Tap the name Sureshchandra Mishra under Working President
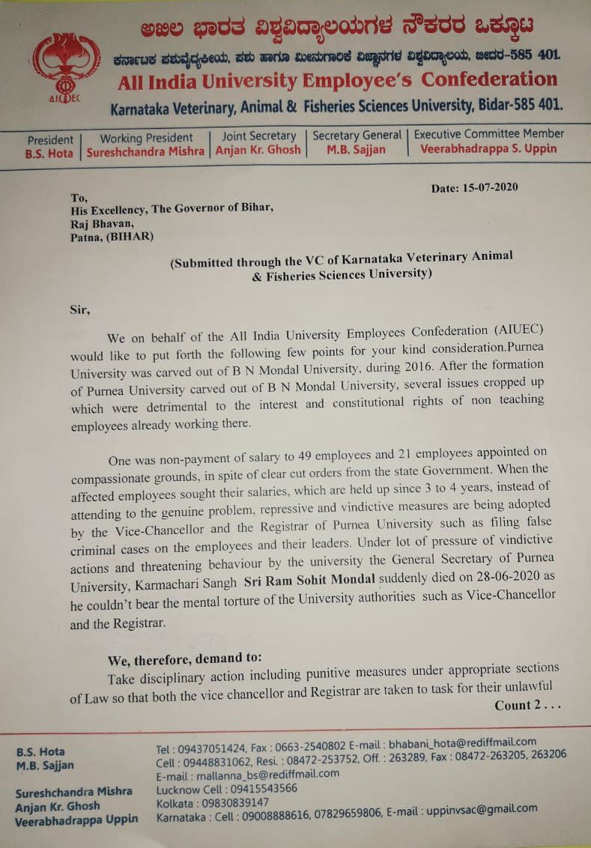tap(145, 150)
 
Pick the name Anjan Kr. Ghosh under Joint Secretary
tap(258, 149)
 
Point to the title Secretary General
tap(357, 136)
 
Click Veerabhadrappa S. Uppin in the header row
tap(488, 148)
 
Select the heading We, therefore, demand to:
tap(185, 658)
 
